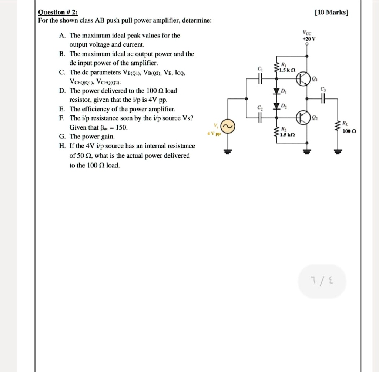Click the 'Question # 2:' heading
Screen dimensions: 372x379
(x=58, y=12)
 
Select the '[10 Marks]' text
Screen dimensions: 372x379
(x=331, y=12)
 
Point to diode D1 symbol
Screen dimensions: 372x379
(x=276, y=91)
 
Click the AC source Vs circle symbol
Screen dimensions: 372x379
(x=228, y=127)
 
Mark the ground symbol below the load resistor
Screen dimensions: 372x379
(x=337, y=151)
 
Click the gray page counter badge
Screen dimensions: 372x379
(x=322, y=281)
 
